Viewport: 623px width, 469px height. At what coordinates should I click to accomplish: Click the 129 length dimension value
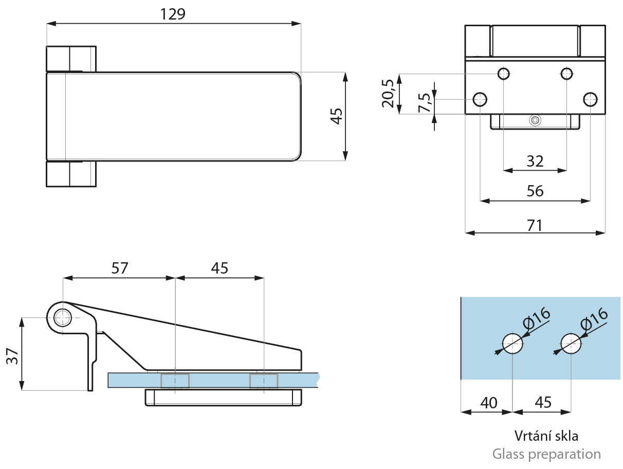(173, 14)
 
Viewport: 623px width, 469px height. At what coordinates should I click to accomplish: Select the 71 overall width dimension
(535, 226)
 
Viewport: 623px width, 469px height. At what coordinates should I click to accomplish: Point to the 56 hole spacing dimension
(535, 191)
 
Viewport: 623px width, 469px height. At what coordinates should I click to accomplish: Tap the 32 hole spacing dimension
(535, 161)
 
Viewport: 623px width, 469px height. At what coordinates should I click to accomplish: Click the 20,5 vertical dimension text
(388, 94)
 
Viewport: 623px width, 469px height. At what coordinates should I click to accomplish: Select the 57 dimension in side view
(119, 268)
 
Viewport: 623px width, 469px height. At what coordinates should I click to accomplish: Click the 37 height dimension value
(12, 356)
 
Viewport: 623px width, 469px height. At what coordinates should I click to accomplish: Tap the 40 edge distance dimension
(488, 403)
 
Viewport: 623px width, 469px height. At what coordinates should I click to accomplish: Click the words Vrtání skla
(546, 436)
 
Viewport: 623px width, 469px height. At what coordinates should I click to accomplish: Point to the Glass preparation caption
(546, 454)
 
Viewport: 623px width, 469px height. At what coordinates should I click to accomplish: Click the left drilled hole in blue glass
(512, 344)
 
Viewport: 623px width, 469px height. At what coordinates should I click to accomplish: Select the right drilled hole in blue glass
(571, 344)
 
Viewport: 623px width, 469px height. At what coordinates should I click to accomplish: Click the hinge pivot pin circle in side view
(62, 318)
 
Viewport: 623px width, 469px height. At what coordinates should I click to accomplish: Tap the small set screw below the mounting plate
(535, 120)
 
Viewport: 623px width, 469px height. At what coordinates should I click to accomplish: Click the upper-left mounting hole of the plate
(504, 74)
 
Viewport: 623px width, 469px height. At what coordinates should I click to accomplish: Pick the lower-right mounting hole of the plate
(591, 99)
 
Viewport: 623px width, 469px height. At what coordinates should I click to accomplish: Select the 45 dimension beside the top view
(337, 116)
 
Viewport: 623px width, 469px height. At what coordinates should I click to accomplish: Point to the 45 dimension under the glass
(543, 403)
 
